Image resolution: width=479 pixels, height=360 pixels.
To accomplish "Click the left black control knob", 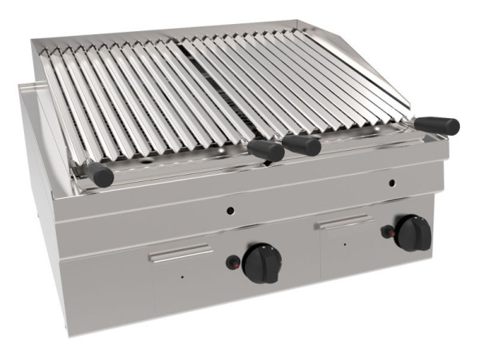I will [x=262, y=262].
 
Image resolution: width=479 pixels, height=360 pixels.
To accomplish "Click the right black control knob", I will [x=414, y=231].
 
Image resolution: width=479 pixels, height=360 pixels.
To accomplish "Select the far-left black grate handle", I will [x=101, y=175].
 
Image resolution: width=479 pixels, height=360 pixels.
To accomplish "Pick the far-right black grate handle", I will [x=440, y=125].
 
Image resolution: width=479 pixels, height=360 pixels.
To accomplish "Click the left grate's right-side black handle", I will [x=265, y=150].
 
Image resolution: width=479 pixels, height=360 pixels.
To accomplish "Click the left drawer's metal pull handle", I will [x=181, y=254].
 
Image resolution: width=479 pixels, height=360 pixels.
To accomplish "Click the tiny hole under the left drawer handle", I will [x=182, y=277].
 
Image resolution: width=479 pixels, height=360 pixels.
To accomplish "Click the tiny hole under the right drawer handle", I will [x=345, y=242].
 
